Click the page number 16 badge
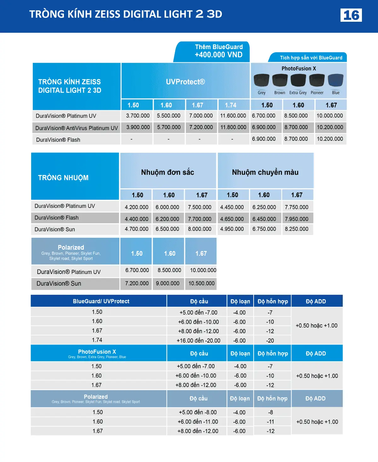pyautogui.click(x=351, y=15)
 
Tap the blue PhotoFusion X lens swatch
pyautogui.click(x=335, y=80)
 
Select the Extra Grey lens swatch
pyautogui.click(x=298, y=80)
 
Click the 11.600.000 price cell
pyautogui.click(x=233, y=116)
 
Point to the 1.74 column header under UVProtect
pyautogui.click(x=231, y=105)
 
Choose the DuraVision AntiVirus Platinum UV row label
pyautogui.click(x=77, y=128)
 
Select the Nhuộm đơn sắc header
pyautogui.click(x=168, y=172)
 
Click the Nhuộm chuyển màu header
pyautogui.click(x=265, y=172)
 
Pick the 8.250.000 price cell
pyautogui.click(x=296, y=229)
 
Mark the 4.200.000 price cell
pyautogui.click(x=136, y=207)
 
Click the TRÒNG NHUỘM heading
pyautogui.click(x=63, y=178)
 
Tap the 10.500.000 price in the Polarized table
pyautogui.click(x=201, y=283)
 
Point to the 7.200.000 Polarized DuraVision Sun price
pyautogui.click(x=137, y=283)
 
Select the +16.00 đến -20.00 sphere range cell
pyautogui.click(x=198, y=340)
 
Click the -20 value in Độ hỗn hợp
pyautogui.click(x=270, y=340)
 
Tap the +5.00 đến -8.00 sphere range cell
pyautogui.click(x=198, y=412)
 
